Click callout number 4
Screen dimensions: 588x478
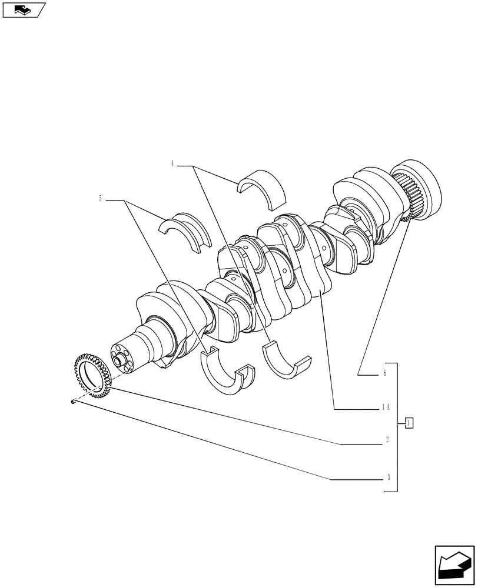click(x=172, y=164)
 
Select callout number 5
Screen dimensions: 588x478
click(x=101, y=199)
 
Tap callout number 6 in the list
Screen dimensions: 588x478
click(x=384, y=373)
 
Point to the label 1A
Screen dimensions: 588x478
click(x=386, y=406)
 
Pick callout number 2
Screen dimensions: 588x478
click(x=387, y=439)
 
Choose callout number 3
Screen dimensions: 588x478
click(x=389, y=477)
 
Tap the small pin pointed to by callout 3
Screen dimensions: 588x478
click(x=72, y=402)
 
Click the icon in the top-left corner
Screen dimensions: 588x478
click(x=24, y=9)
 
